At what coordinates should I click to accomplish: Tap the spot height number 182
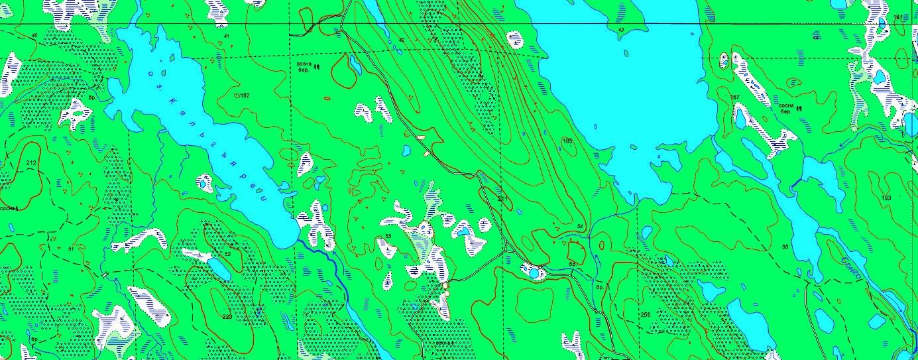click(245, 96)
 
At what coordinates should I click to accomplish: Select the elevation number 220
click(227, 316)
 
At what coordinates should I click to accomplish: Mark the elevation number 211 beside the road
click(502, 199)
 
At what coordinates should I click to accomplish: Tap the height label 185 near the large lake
click(567, 141)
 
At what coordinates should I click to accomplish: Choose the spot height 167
click(734, 97)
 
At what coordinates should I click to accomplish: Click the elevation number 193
click(886, 198)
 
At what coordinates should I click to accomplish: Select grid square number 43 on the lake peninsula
click(620, 30)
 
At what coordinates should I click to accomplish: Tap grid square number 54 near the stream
click(580, 227)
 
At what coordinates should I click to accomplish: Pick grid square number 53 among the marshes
click(388, 235)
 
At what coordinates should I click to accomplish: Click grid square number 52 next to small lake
click(227, 254)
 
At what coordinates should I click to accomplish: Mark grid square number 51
click(70, 249)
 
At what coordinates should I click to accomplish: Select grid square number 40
click(34, 35)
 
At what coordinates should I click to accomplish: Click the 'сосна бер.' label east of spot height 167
click(786, 107)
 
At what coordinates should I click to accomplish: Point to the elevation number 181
click(898, 17)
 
